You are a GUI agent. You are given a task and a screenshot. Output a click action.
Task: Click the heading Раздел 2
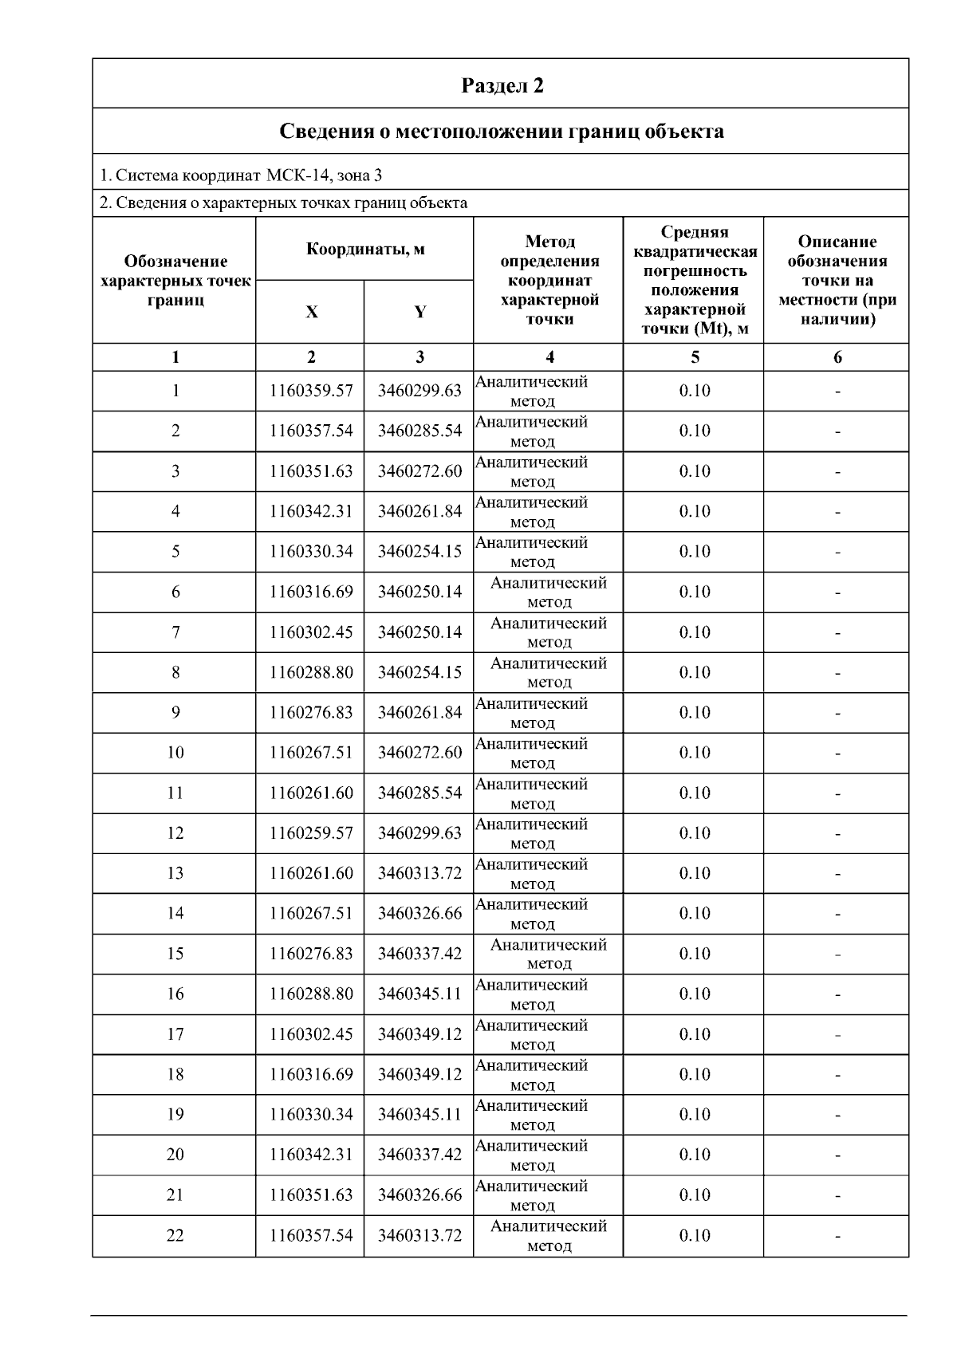502,85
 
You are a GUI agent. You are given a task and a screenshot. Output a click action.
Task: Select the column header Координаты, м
365,249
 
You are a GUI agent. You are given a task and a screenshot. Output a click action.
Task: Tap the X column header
311,313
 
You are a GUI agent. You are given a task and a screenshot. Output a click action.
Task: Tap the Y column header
419,313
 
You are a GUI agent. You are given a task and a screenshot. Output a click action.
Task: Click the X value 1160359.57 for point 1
311,391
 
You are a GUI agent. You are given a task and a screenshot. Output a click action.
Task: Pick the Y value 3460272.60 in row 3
419,471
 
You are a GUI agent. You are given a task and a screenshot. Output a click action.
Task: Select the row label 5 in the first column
175,552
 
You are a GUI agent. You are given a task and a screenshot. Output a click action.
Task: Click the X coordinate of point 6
311,592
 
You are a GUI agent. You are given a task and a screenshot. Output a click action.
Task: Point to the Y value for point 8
419,672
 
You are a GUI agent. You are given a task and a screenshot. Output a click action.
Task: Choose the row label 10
175,753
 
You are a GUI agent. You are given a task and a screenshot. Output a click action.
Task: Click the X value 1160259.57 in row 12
311,833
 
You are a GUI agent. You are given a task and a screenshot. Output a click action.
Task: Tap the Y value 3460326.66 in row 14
419,913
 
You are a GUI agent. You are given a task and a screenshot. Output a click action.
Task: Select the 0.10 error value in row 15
695,954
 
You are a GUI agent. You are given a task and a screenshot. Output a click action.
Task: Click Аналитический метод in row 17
532,1034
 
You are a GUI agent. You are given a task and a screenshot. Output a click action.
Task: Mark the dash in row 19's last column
837,1115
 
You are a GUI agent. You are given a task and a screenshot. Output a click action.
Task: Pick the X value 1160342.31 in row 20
311,1155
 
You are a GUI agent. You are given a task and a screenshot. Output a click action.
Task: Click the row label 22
175,1235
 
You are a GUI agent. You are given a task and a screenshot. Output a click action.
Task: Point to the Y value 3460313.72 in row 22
419,1235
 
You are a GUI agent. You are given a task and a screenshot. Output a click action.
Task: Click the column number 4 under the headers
549,357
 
